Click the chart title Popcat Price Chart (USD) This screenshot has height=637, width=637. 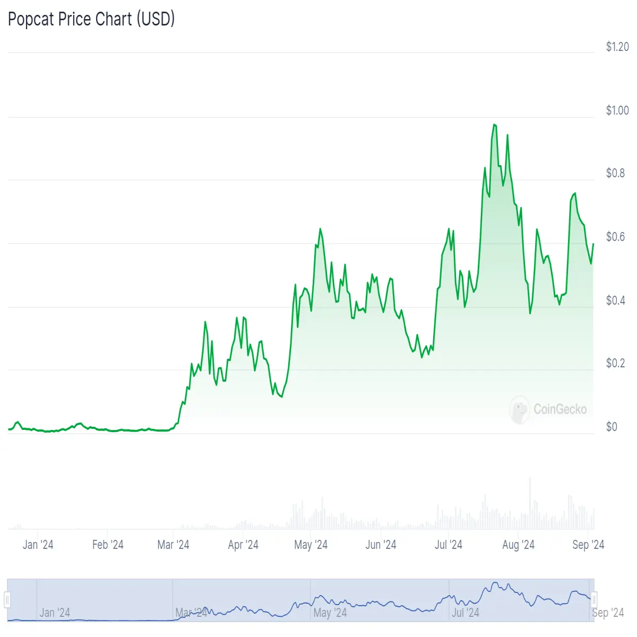point(91,19)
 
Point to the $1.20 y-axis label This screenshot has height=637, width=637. point(617,47)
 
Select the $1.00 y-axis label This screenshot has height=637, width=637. point(617,110)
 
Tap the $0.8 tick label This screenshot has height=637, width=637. point(615,173)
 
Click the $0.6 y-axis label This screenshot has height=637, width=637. point(615,237)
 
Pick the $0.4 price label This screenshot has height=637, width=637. point(615,300)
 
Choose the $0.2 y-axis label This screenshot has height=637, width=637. point(615,363)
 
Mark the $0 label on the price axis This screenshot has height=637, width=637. point(612,427)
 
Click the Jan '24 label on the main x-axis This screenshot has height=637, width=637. point(38,545)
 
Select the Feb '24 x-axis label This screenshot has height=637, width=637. point(108,545)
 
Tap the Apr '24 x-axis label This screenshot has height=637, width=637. point(243,545)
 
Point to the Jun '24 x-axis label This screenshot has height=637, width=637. point(381,545)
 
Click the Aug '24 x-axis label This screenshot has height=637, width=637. point(518,545)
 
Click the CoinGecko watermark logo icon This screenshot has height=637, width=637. point(519,410)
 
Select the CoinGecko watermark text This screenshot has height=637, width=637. point(561,409)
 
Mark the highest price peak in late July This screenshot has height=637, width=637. point(494,125)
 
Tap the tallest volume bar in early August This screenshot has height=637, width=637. point(530,503)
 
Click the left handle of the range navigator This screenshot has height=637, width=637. point(7,599)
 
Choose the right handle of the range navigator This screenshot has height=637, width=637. point(593,599)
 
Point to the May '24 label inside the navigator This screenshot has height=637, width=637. point(330,613)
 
